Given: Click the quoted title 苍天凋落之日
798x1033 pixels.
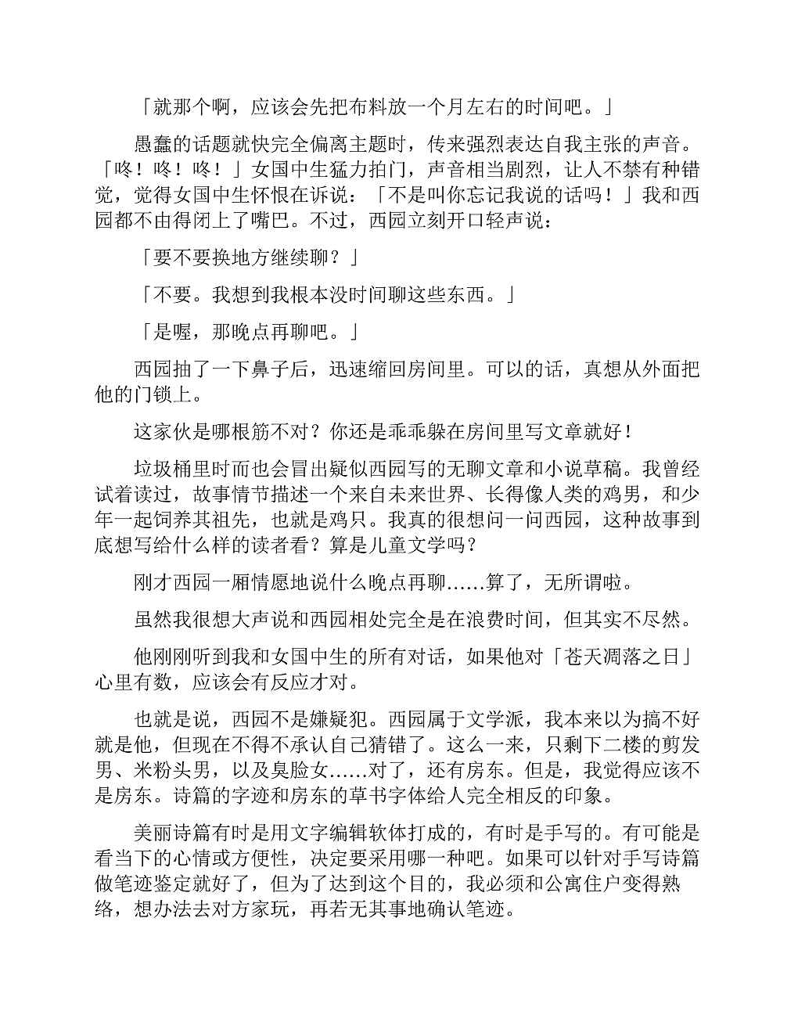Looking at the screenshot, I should tap(623, 657).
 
